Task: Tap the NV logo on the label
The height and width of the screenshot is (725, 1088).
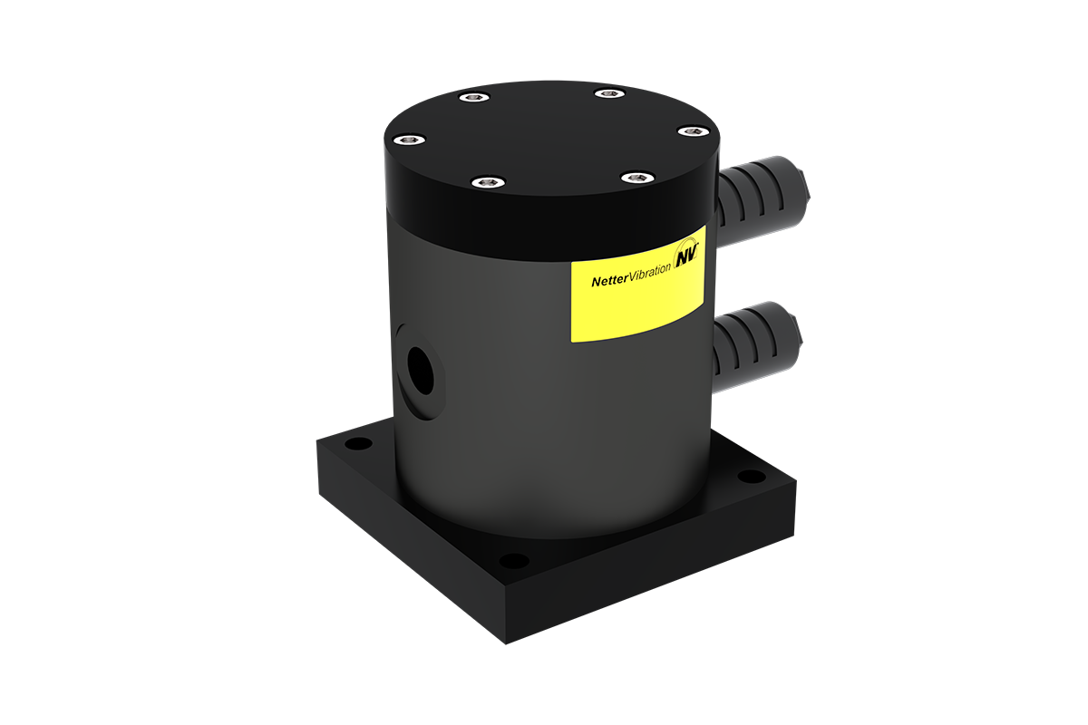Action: pyautogui.click(x=686, y=253)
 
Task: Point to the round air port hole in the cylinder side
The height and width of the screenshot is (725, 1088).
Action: pyautogui.click(x=421, y=370)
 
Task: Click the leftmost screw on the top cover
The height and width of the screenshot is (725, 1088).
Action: pyautogui.click(x=409, y=140)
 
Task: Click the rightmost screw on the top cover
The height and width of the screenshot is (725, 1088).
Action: pyautogui.click(x=694, y=131)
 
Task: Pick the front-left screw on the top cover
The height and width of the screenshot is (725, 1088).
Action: pyautogui.click(x=488, y=182)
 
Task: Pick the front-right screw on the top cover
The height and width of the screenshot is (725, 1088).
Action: pyautogui.click(x=637, y=178)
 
